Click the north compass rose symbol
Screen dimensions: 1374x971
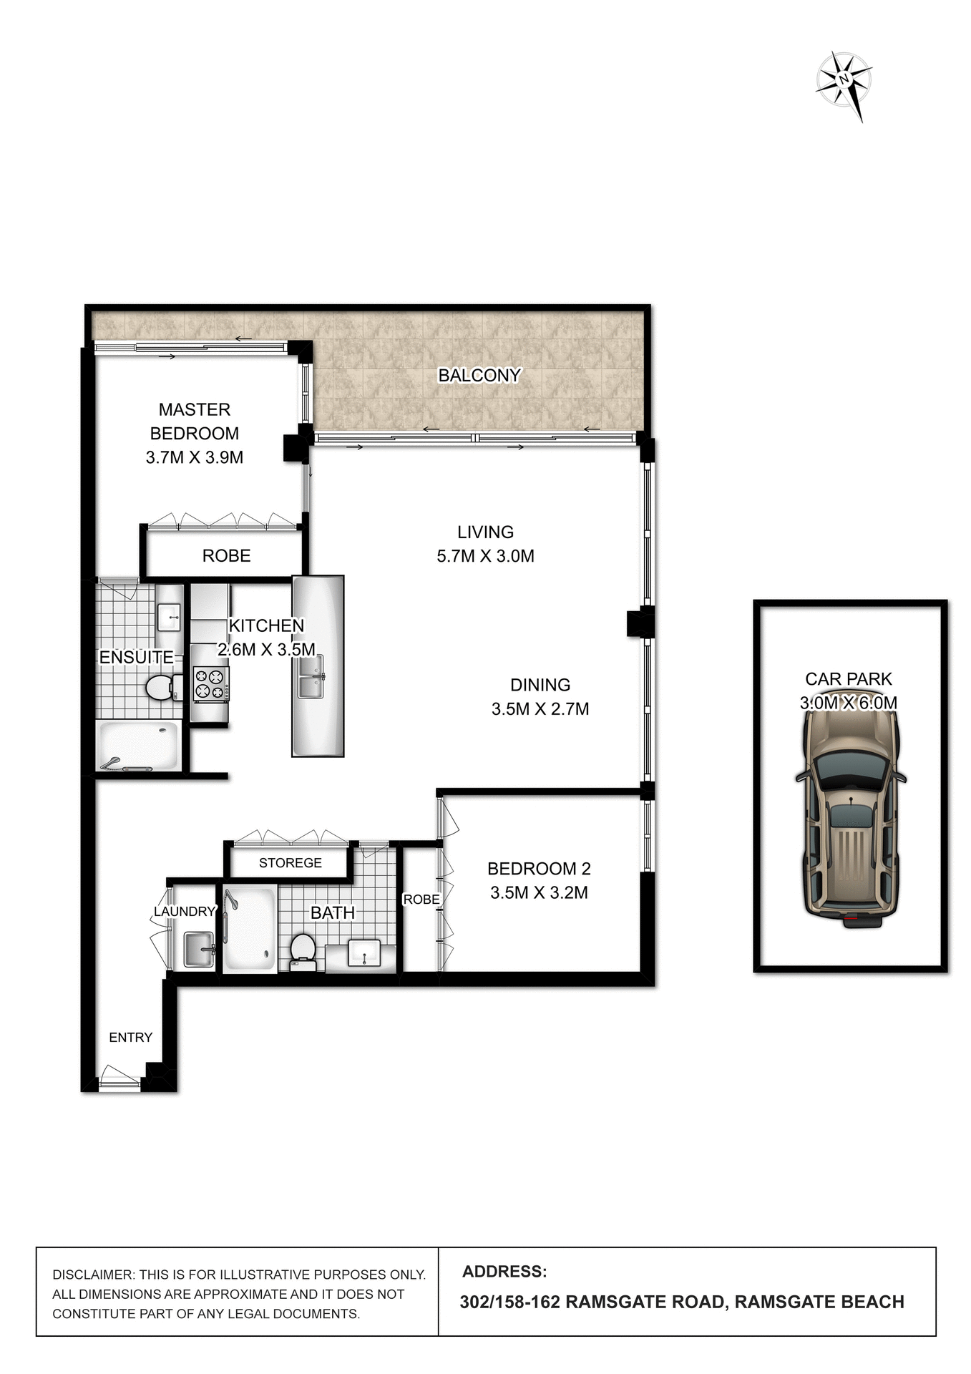click(x=844, y=80)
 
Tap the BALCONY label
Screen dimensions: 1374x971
click(x=479, y=375)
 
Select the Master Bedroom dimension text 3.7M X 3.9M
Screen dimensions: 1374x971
click(x=194, y=457)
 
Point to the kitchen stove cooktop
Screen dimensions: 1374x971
click(x=210, y=683)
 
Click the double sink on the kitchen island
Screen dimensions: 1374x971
click(x=311, y=677)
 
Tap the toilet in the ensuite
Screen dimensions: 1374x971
click(x=159, y=688)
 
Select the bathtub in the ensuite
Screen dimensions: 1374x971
click(x=137, y=746)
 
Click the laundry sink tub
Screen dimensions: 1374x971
click(x=198, y=950)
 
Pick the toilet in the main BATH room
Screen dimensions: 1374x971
click(x=303, y=950)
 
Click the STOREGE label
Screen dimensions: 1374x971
click(x=290, y=863)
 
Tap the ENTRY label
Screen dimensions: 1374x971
click(x=130, y=1037)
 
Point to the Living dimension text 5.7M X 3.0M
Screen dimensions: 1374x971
click(x=485, y=556)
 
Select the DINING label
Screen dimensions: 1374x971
click(x=540, y=685)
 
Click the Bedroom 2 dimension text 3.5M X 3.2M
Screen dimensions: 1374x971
click(x=539, y=892)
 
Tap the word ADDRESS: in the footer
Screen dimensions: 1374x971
click(x=504, y=1272)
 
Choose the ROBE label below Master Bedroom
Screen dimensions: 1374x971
click(x=226, y=556)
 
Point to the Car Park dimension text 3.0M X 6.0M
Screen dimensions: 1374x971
click(x=848, y=703)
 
